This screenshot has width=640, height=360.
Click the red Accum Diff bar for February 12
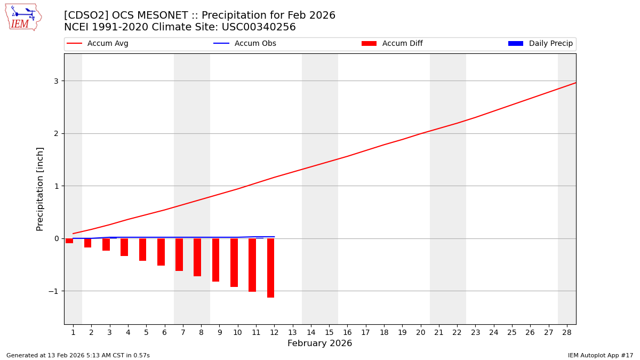coord(270,268)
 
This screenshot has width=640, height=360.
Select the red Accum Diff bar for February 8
coord(197,257)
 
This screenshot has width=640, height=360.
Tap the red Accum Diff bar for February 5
coord(142,250)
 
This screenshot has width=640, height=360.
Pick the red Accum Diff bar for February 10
coord(234,262)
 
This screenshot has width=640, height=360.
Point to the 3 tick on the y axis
coord(55,81)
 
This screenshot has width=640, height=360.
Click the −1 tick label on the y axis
coord(53,291)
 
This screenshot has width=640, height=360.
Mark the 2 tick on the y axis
coord(55,133)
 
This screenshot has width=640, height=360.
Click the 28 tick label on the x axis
coord(567,333)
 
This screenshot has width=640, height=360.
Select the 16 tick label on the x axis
coord(347,333)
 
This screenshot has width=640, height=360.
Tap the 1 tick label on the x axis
coord(73,333)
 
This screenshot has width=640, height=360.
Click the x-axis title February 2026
coord(319,344)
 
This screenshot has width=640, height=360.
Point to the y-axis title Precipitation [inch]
coord(41,189)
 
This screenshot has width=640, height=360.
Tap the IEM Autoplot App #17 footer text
coord(601,356)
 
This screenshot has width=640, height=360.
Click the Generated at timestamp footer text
coord(78,356)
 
